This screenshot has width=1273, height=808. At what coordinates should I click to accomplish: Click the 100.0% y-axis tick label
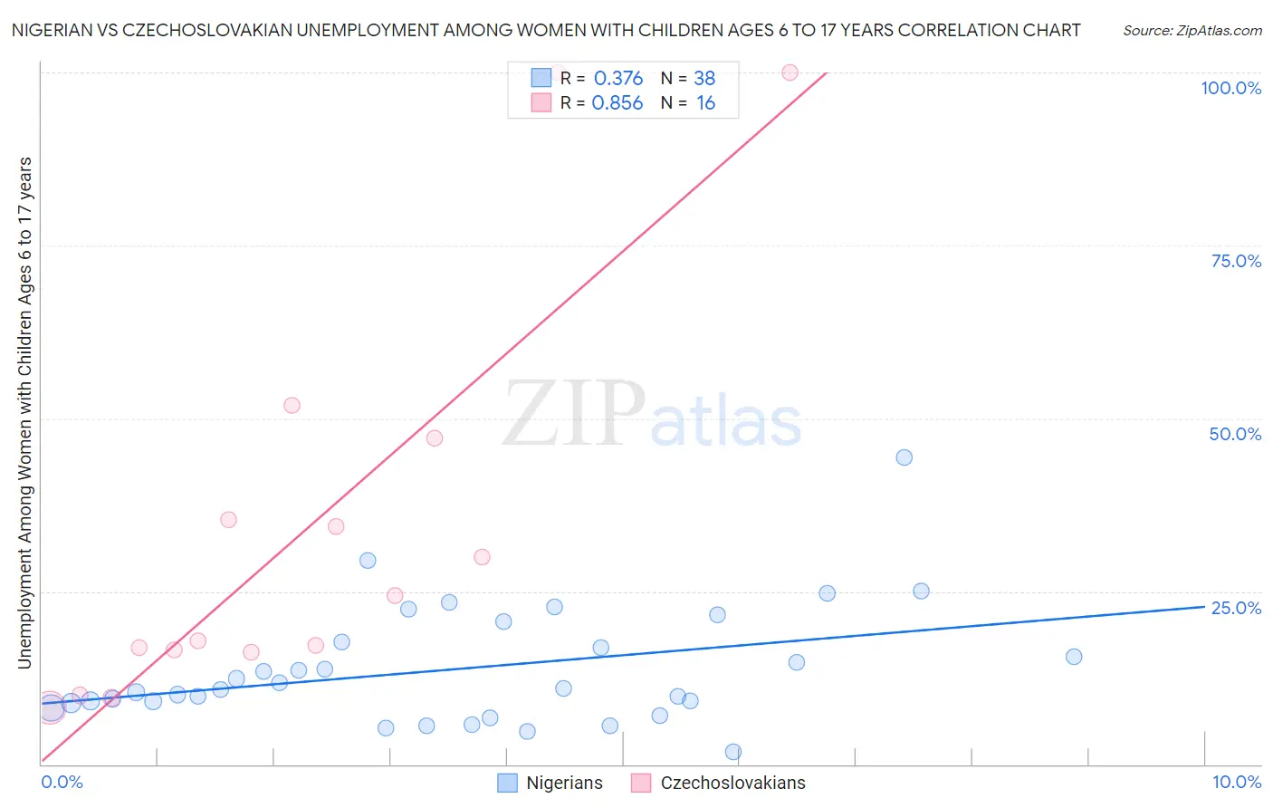[x=1230, y=88]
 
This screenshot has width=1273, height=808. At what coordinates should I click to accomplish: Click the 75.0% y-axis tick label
[x=1236, y=261]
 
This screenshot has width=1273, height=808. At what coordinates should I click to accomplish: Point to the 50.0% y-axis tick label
[x=1235, y=434]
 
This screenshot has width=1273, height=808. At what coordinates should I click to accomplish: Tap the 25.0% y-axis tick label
[x=1236, y=608]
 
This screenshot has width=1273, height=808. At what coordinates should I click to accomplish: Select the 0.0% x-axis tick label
[x=62, y=782]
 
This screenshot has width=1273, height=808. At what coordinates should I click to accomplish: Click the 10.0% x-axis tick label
[x=1236, y=782]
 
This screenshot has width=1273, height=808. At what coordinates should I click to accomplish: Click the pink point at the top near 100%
[x=790, y=72]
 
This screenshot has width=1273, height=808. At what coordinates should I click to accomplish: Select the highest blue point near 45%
[x=904, y=457]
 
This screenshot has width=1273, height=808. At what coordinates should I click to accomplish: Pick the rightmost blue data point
[x=1074, y=657]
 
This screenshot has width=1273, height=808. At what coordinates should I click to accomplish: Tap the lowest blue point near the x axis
[x=733, y=752]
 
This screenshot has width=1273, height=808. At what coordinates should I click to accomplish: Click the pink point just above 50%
[x=292, y=405]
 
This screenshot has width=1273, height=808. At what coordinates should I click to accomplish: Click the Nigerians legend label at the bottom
[x=564, y=783]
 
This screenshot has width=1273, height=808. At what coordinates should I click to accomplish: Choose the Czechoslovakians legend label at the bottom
[x=732, y=783]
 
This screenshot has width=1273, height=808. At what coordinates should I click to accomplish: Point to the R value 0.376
[x=618, y=79]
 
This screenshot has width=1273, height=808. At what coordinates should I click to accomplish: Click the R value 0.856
[x=617, y=103]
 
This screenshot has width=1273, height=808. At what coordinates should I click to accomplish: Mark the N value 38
[x=704, y=79]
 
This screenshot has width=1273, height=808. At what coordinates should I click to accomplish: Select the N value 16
[x=705, y=103]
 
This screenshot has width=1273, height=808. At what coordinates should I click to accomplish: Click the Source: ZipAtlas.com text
[x=1192, y=31]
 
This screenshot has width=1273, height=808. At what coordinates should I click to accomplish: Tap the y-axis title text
[x=24, y=412]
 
